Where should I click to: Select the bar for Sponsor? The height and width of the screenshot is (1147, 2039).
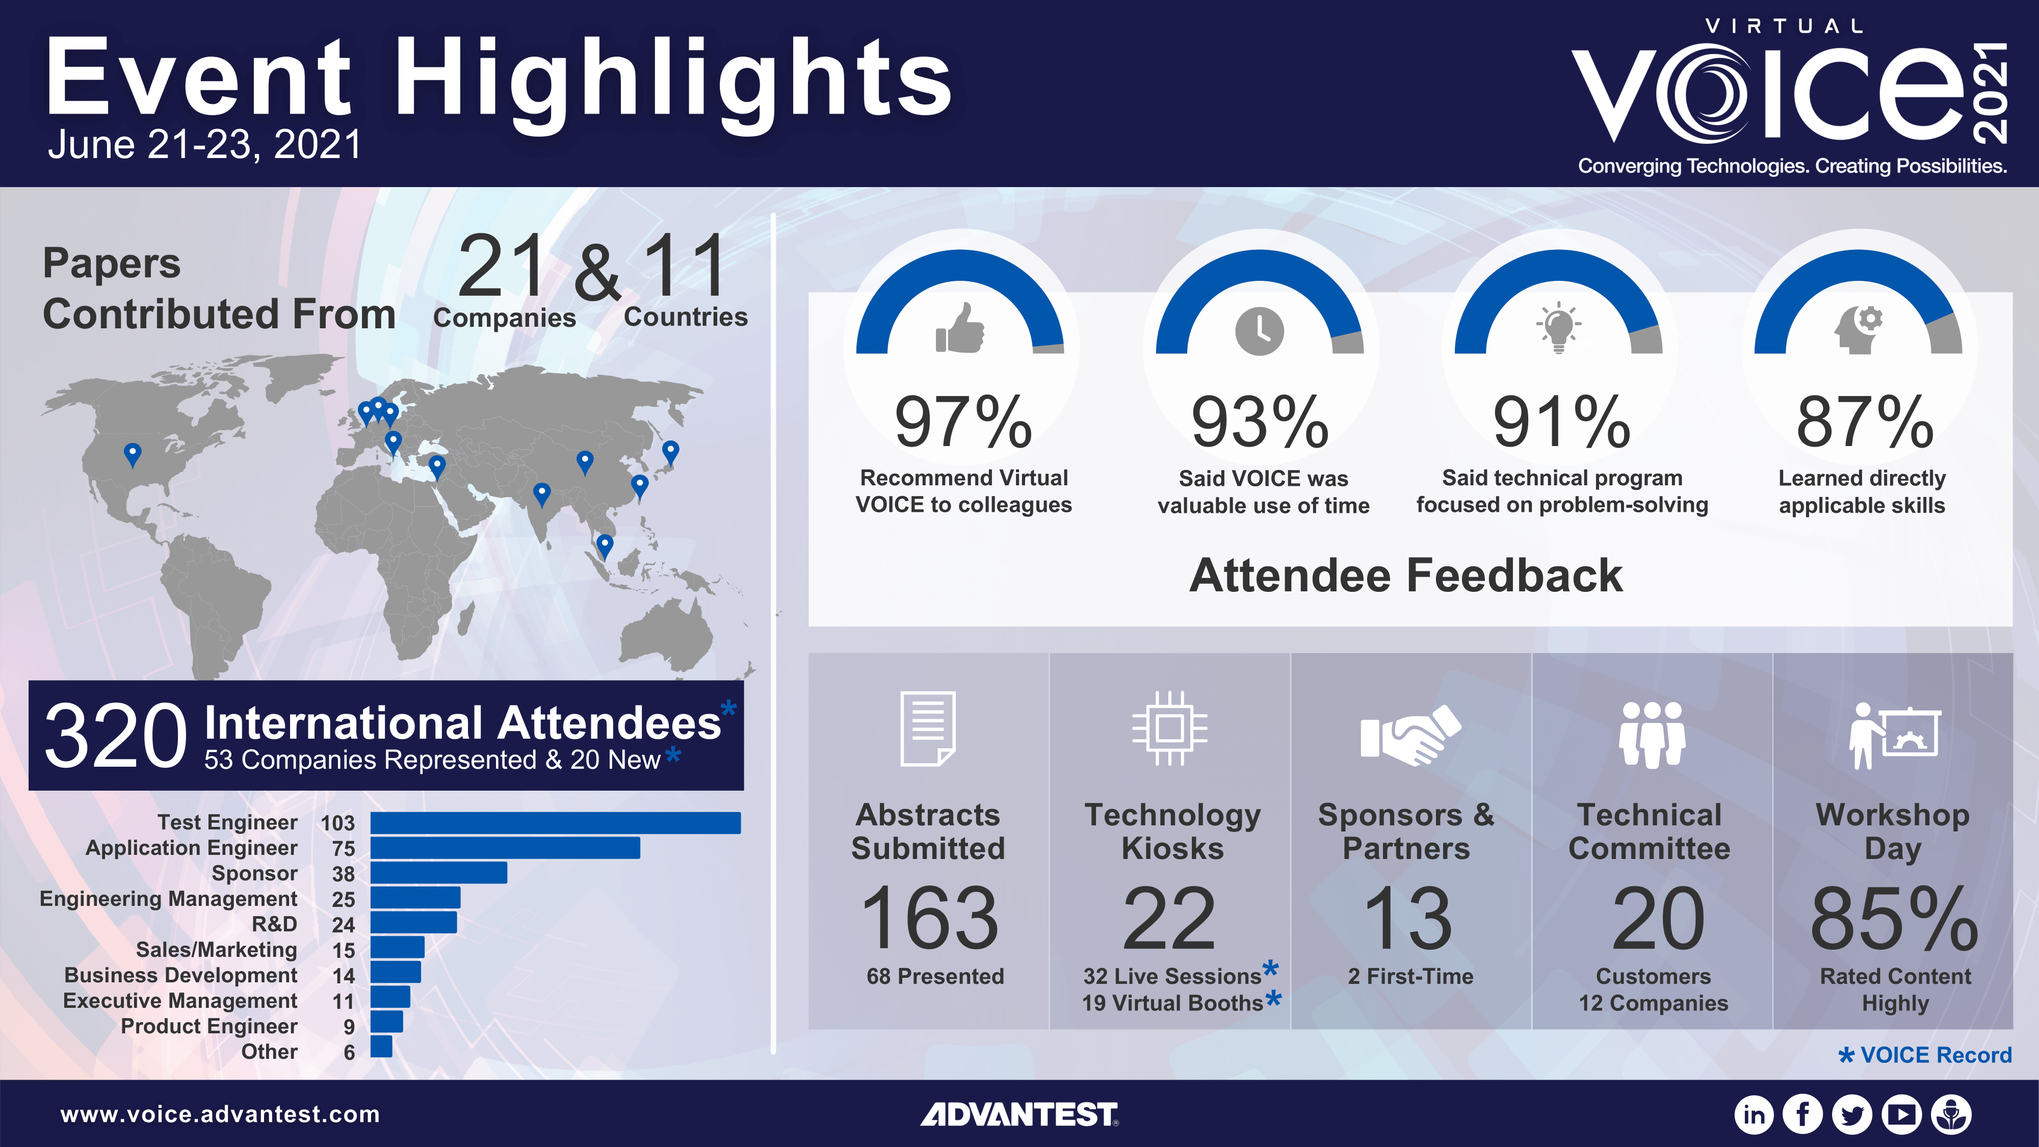(x=438, y=873)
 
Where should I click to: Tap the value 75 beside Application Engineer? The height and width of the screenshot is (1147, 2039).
(x=344, y=849)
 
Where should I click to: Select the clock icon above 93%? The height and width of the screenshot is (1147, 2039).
(x=1259, y=331)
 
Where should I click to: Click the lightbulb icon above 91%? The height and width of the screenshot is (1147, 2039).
(x=1558, y=326)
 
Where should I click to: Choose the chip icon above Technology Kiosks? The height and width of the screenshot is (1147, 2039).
(x=1169, y=728)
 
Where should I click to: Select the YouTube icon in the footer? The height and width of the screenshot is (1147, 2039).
(x=1902, y=1114)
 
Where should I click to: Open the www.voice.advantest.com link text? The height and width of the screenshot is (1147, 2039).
(x=220, y=1114)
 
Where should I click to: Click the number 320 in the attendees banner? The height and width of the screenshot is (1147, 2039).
(x=116, y=736)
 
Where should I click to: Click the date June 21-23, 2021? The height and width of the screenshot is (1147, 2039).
(x=204, y=145)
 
